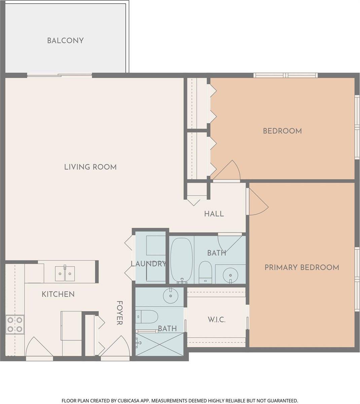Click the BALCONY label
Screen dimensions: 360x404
pos(65,41)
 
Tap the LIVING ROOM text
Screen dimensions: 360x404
pos(90,167)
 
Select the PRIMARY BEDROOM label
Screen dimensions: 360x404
pos(302,268)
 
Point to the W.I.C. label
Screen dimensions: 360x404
pos(216,319)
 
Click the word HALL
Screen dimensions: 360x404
pos(214,214)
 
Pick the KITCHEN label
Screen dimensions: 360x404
pos(58,294)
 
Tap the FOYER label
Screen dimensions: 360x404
pos(119,313)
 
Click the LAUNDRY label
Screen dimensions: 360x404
pos(148,264)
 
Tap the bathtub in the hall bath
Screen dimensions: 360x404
pos(181,260)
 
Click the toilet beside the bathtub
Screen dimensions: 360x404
pos(205,272)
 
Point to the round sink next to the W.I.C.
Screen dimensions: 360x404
pos(171,296)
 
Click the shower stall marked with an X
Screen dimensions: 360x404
pos(159,344)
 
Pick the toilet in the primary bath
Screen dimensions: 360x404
pos(147,317)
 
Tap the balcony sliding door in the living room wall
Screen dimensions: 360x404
pos(60,75)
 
